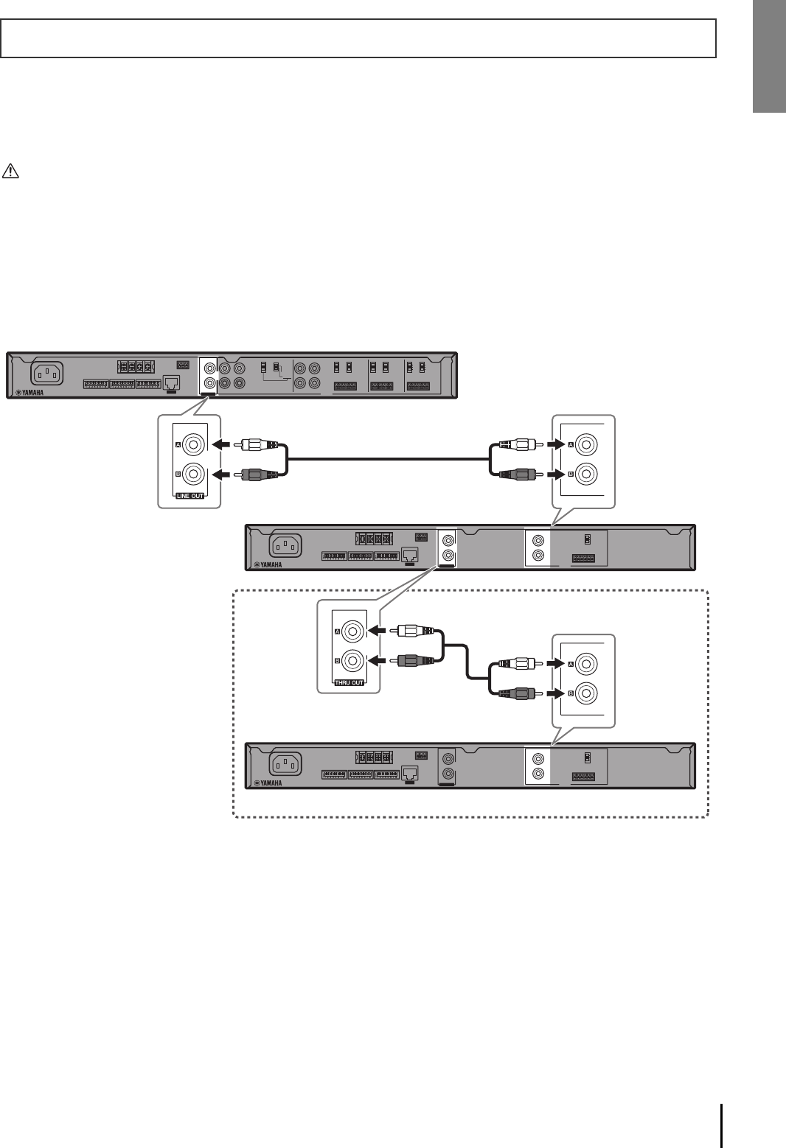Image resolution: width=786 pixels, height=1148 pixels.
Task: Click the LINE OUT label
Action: coord(190,496)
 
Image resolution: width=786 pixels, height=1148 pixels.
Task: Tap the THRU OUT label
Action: coord(349,683)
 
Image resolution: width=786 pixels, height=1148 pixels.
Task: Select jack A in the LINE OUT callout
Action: coord(195,445)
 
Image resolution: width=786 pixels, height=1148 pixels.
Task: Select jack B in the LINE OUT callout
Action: coord(195,475)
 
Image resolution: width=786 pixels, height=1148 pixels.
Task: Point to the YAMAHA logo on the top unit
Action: coord(29,393)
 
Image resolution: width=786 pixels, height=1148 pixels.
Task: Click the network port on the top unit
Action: coord(172,382)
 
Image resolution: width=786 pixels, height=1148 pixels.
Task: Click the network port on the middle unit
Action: coord(410,555)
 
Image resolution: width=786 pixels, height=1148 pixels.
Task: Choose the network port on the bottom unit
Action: coord(410,773)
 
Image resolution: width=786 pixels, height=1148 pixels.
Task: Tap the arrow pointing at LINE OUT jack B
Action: coord(222,475)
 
